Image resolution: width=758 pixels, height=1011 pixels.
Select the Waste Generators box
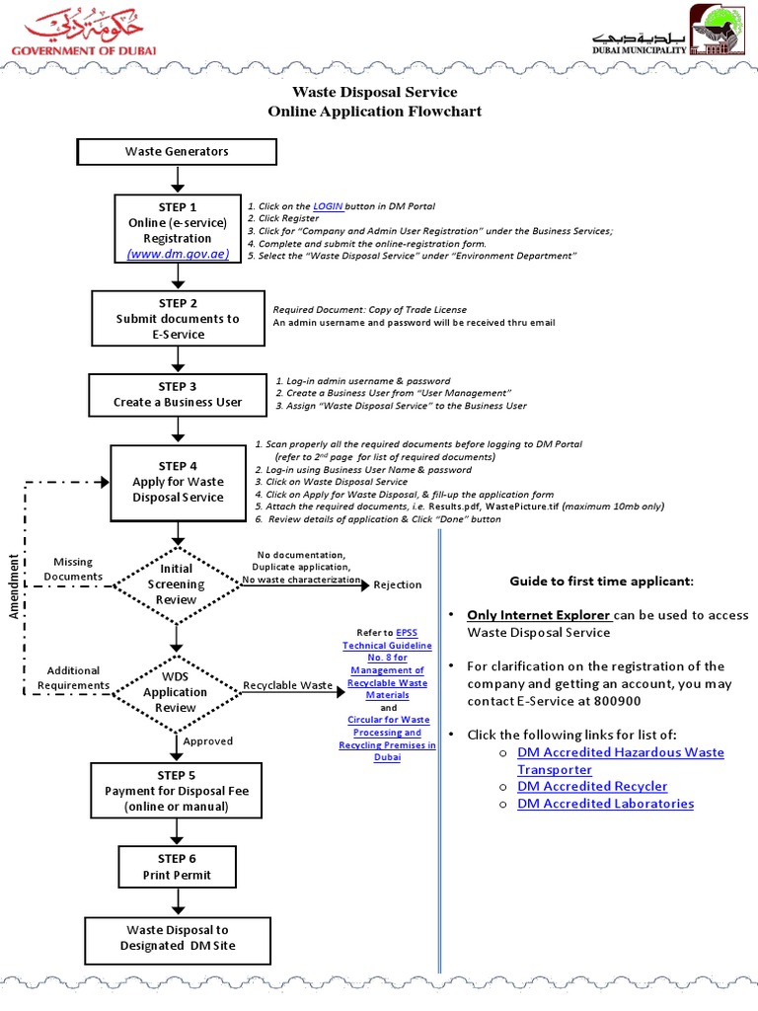(x=177, y=151)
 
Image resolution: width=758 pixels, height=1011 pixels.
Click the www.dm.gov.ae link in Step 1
(x=178, y=254)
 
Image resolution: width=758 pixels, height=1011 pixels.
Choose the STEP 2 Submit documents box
(x=177, y=319)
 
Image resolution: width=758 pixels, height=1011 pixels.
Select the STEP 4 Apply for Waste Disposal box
(x=178, y=482)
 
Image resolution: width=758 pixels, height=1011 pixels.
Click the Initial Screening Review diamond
(x=177, y=583)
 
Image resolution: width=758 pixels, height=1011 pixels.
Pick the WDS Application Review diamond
(x=177, y=685)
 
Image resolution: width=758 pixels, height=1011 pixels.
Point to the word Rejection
(x=397, y=584)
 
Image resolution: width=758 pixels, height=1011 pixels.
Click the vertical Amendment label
(x=14, y=586)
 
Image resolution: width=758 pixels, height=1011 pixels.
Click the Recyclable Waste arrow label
(x=288, y=684)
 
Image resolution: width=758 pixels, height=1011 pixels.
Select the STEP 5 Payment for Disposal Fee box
(x=177, y=791)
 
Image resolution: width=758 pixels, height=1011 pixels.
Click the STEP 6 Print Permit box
(x=177, y=866)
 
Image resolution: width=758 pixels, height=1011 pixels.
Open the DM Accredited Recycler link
(x=592, y=786)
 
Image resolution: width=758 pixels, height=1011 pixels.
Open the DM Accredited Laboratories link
(x=605, y=804)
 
